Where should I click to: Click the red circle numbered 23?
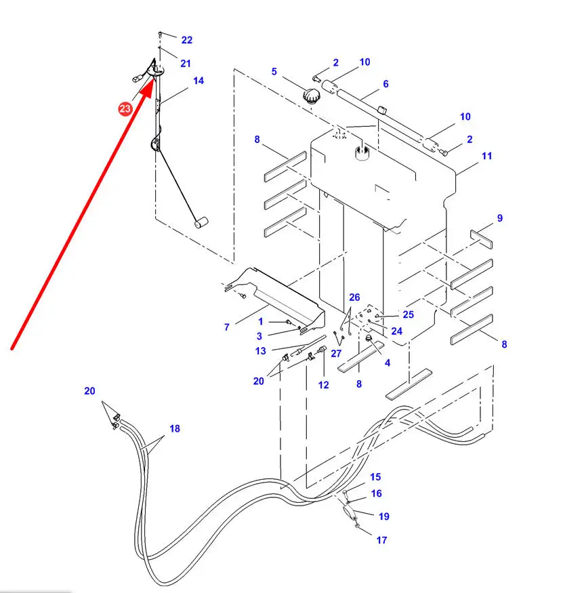tap(125, 108)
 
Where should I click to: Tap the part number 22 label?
tap(187, 40)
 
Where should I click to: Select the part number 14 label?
tap(198, 81)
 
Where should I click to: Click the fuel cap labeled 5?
tap(312, 94)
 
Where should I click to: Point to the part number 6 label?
tap(385, 84)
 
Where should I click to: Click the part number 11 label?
tap(486, 156)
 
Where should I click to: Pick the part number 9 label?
tap(499, 218)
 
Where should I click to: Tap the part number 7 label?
tap(227, 327)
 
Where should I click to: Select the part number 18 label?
tap(175, 428)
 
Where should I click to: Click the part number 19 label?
tap(383, 516)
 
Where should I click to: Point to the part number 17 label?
tap(381, 540)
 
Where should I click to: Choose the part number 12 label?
tap(323, 385)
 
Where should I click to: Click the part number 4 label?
tap(388, 363)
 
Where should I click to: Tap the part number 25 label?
tap(407, 314)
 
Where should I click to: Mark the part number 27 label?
tap(337, 353)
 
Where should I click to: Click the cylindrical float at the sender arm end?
tap(200, 223)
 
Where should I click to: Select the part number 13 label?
tap(261, 351)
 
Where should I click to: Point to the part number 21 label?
tap(186, 63)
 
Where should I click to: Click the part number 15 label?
tap(375, 477)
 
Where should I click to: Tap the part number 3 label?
tap(260, 336)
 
